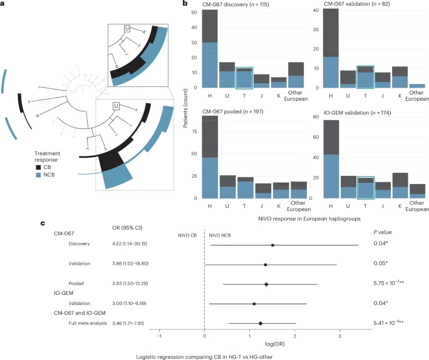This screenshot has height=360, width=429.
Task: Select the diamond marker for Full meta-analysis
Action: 261,324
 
